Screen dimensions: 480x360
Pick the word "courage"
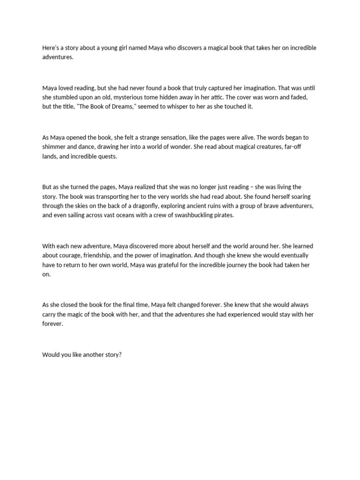(70, 255)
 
